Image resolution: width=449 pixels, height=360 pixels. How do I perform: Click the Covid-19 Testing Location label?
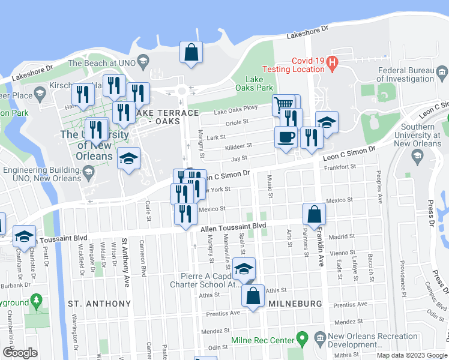coord(308,65)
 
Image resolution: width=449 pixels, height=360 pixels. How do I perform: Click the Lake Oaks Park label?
coord(259,83)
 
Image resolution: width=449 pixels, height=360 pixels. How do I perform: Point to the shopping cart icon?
coord(284,106)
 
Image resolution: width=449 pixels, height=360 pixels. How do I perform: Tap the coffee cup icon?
coord(286,136)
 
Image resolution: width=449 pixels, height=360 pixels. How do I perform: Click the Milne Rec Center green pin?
coord(303,340)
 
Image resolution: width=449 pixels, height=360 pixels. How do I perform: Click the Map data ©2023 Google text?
coord(412,355)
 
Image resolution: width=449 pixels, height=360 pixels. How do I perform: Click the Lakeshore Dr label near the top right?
coord(309,32)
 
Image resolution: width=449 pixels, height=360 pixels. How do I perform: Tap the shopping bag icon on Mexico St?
coord(315,213)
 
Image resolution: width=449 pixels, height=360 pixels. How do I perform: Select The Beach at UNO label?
coord(100,63)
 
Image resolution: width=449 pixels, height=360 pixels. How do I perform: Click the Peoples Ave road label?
coord(379,187)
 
